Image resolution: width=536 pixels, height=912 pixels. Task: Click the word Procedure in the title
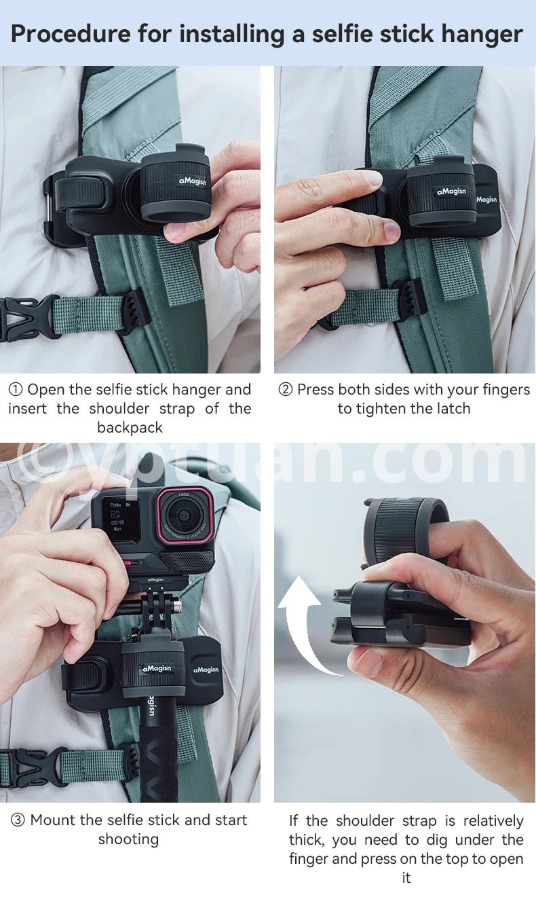(x=71, y=33)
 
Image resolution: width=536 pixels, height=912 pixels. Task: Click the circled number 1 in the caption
(x=16, y=390)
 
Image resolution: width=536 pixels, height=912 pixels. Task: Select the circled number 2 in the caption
(x=286, y=390)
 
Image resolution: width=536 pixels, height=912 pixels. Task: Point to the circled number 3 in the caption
(x=18, y=820)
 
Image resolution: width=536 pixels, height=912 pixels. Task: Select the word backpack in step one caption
(x=130, y=428)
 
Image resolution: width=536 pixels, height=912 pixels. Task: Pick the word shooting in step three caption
(x=128, y=839)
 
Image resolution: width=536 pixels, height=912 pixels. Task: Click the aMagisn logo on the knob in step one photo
(x=193, y=181)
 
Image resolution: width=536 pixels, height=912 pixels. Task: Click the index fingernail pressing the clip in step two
(x=372, y=178)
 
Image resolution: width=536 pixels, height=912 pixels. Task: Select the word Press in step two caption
(x=316, y=390)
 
